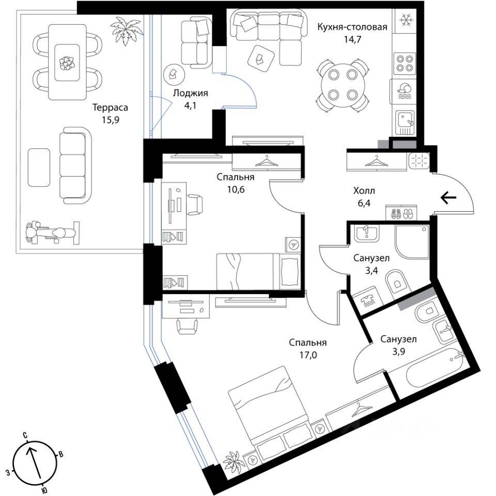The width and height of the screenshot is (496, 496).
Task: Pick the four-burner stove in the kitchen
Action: point(406,63)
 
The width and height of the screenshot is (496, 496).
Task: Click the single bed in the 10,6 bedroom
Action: point(257,270)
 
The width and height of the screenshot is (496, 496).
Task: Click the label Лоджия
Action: point(190,94)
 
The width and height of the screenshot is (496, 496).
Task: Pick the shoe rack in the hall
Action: point(401,213)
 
